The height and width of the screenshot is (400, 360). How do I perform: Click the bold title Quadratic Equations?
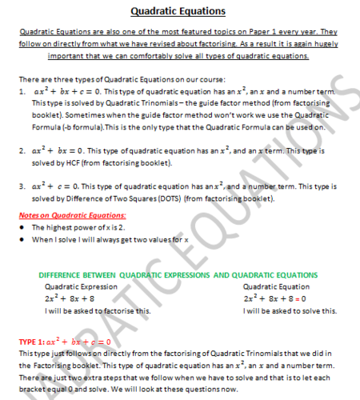[x=178, y=11]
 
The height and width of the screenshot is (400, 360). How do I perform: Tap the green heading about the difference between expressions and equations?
[x=178, y=274]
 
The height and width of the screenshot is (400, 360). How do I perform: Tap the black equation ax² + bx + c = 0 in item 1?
[x=66, y=92]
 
